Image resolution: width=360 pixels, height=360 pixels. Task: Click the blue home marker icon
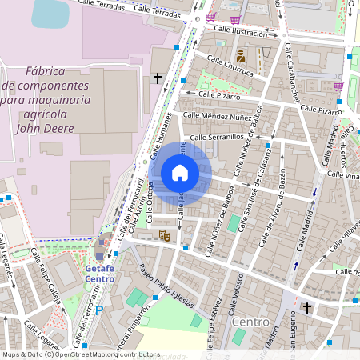point(180,173)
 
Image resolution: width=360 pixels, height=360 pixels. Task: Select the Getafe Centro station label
point(100,274)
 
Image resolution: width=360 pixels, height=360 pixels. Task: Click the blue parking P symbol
point(99,310)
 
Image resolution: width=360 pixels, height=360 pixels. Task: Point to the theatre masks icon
point(164,235)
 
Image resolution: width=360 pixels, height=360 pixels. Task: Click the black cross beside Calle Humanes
point(157,78)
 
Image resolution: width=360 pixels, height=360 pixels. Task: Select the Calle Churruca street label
point(230,66)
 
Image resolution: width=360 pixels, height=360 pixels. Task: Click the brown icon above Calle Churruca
point(241,56)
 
